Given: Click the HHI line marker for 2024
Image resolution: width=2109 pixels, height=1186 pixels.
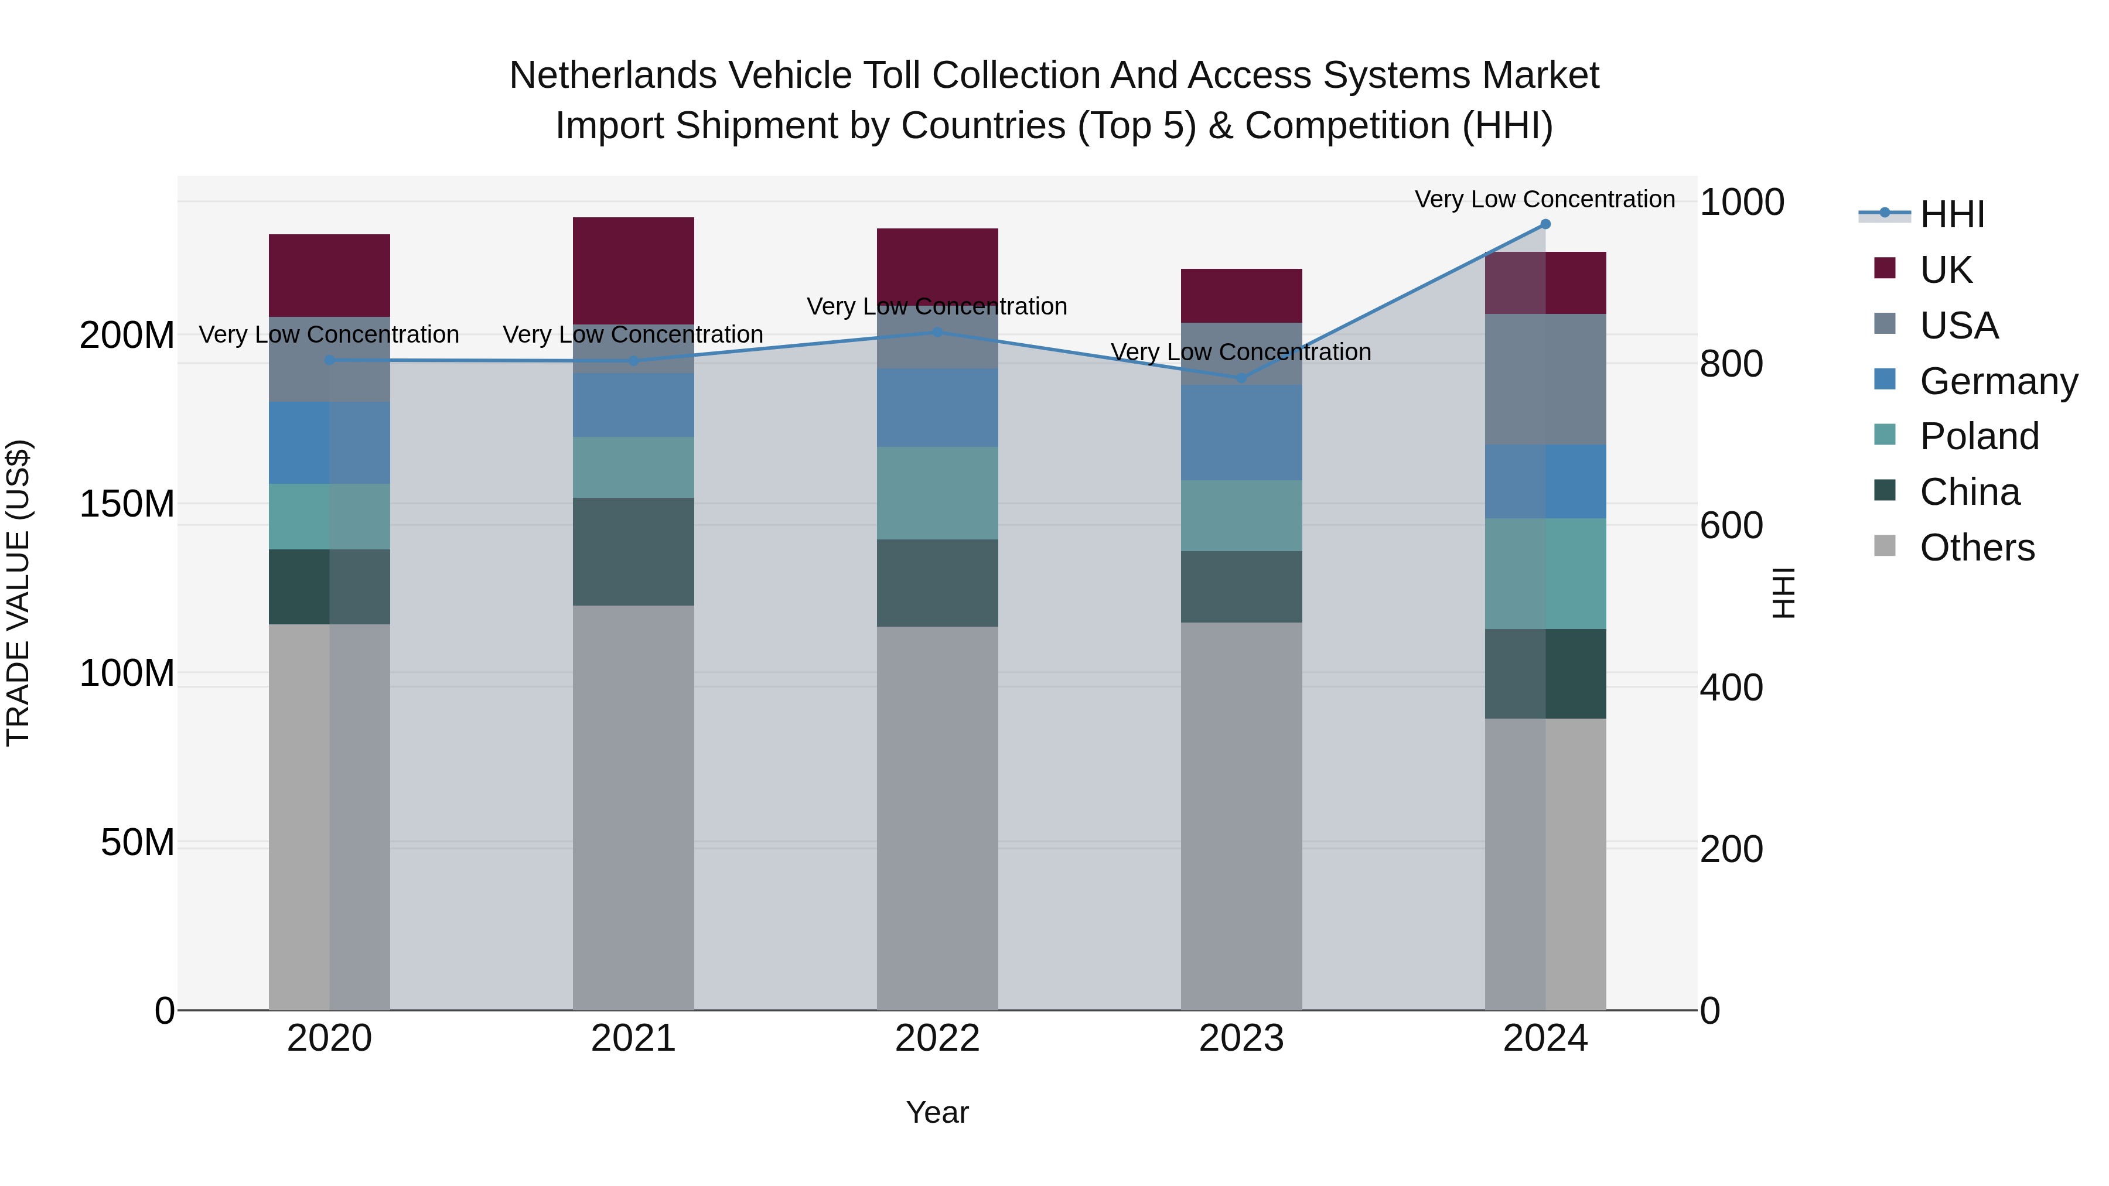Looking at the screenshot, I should click(x=1545, y=224).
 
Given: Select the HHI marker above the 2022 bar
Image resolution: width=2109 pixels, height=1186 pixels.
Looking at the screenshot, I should click(x=937, y=332).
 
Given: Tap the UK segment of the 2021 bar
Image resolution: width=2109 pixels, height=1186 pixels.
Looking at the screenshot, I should click(x=633, y=270).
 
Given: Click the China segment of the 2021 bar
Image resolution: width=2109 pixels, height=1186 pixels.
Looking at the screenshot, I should click(x=633, y=552).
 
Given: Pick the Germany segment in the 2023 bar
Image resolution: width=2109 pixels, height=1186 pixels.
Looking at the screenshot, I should click(x=1241, y=432).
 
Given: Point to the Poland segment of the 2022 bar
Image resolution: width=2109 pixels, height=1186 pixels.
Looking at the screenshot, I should click(x=937, y=493).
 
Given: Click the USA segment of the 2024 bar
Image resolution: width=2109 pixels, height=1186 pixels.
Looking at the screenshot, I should click(x=1545, y=379).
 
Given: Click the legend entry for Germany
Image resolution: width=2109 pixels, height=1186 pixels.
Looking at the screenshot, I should click(x=1998, y=381).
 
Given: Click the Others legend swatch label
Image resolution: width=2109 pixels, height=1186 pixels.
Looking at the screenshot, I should click(x=1977, y=548).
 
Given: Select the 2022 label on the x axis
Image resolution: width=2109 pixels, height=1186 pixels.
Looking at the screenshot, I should click(x=937, y=1038).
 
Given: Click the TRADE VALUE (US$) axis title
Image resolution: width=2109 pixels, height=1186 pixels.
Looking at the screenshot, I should click(x=18, y=593).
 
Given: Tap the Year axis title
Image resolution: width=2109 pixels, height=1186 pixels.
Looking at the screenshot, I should click(x=937, y=1112).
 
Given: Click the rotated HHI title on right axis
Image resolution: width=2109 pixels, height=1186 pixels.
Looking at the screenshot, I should click(x=1782, y=593).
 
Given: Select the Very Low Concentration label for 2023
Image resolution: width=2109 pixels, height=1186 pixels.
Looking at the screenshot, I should click(x=1240, y=352).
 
